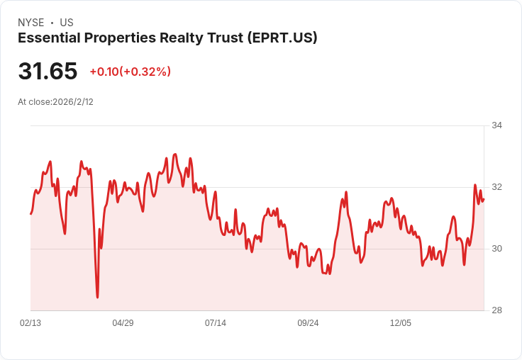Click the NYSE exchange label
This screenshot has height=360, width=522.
30,23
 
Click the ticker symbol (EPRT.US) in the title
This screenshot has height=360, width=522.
281,38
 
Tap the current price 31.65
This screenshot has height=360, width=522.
48,71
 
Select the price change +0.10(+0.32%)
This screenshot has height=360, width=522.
130,72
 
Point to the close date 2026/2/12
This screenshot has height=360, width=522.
73,102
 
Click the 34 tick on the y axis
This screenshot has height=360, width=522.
497,125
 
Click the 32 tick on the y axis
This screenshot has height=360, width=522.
497,187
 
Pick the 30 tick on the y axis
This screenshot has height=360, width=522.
497,249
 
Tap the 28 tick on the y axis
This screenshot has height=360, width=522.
497,310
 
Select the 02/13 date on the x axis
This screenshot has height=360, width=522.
30,323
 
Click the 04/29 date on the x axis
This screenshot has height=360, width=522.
123,323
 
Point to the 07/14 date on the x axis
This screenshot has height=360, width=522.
216,323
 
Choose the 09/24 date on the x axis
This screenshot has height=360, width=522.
308,323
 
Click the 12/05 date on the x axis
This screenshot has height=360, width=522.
401,323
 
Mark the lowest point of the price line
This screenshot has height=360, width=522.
97,298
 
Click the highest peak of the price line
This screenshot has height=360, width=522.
175,154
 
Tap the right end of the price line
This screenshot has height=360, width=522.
483,199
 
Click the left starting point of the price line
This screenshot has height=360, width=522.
30,213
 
